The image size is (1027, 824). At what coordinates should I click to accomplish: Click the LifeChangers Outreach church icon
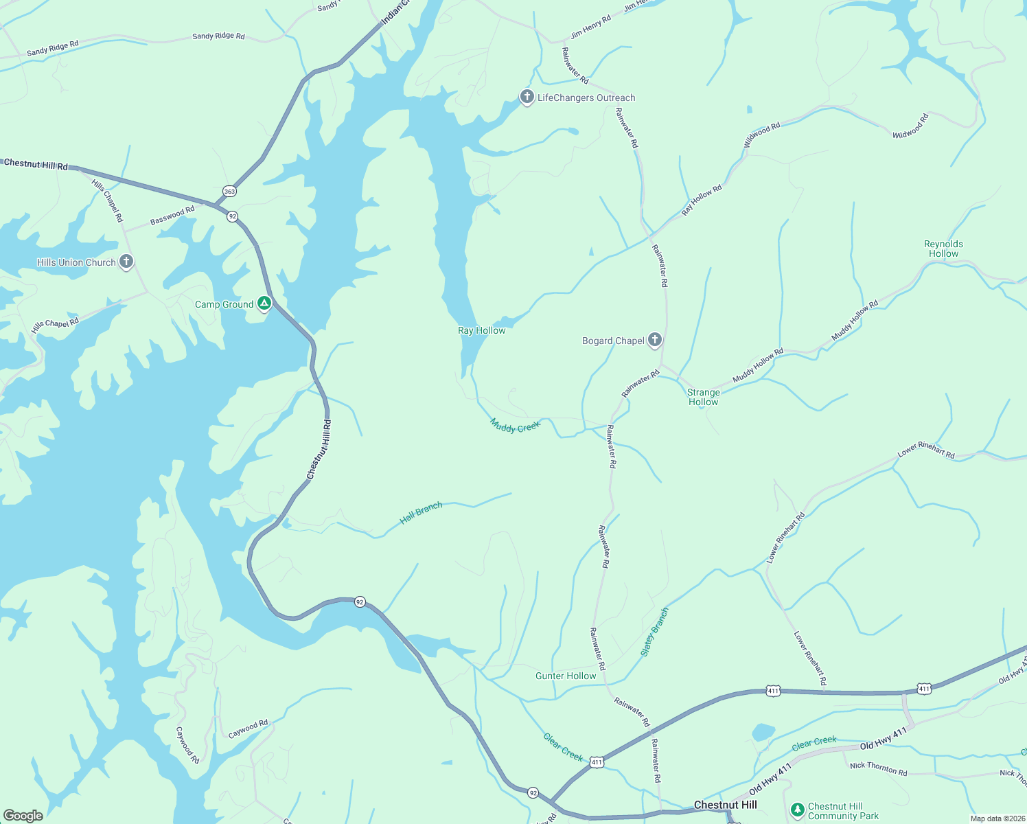coord(527,98)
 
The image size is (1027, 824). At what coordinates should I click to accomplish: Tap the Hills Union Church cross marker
coord(126,262)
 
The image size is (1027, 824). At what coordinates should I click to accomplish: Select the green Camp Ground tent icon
coord(264,304)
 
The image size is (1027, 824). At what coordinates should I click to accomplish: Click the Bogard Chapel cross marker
coord(655,340)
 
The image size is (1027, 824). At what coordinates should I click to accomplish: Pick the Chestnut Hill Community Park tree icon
coord(797,810)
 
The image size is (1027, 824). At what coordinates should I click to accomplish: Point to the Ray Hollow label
coord(481,330)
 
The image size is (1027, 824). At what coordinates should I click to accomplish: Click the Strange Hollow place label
coord(703,397)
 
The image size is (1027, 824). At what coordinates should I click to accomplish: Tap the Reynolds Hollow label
coord(943,249)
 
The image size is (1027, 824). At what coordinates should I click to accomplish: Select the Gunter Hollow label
coord(566,676)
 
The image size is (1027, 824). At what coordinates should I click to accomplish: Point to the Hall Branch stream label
coord(421,512)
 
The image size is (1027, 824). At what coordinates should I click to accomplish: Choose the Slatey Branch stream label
coord(654,632)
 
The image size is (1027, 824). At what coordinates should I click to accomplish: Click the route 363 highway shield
coord(229,191)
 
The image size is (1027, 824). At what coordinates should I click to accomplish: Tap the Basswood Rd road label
coord(172,216)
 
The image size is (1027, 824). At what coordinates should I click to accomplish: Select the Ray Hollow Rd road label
coord(702,200)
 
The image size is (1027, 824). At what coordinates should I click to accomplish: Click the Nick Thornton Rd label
coord(878,768)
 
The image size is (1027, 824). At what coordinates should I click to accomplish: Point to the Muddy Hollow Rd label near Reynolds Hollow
coord(855,320)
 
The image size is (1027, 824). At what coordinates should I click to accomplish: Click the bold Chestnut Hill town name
coord(725,805)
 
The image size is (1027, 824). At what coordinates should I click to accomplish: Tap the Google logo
coord(23,815)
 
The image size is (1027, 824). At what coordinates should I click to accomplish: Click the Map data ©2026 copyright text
coord(996,819)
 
